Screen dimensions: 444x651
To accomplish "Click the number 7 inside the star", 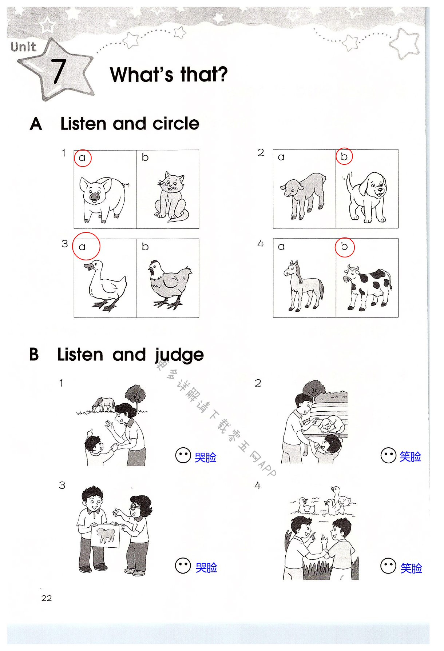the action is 58,71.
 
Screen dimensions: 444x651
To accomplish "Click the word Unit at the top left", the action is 23,47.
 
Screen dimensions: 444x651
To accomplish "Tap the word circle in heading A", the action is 176,124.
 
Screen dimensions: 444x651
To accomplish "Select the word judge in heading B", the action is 179,355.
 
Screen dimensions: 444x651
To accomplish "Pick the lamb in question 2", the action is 304,196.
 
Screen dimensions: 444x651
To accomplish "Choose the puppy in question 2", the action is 366,197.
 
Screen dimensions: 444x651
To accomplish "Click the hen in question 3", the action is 169,284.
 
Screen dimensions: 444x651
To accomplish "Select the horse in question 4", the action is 304,286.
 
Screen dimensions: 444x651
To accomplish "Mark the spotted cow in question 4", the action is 367,288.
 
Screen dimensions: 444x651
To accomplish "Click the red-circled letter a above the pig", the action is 82,158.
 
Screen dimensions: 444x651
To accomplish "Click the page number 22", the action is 47,598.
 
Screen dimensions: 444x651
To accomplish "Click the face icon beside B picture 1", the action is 183,455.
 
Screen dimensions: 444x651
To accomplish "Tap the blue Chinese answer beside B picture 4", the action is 411,568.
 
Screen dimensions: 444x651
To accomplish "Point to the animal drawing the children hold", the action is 106,535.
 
